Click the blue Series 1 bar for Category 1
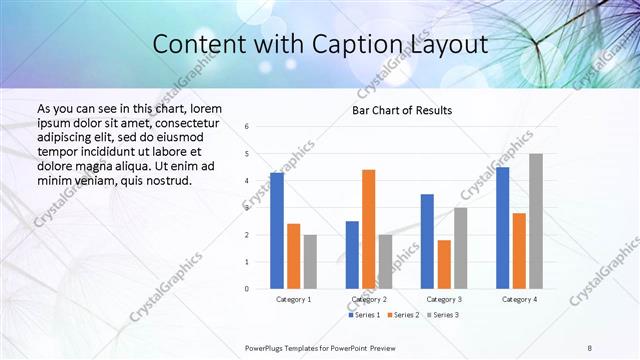(x=277, y=231)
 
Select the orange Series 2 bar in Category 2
(x=368, y=229)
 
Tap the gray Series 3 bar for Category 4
(x=536, y=221)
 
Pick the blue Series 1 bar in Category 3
(x=427, y=241)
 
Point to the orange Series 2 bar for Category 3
(x=444, y=264)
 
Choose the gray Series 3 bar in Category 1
(x=310, y=262)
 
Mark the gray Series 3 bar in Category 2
(x=385, y=262)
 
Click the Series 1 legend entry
(x=364, y=315)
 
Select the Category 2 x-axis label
(x=369, y=299)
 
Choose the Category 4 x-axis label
(x=519, y=299)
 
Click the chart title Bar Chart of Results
(x=402, y=110)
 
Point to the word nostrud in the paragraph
(x=165, y=180)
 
